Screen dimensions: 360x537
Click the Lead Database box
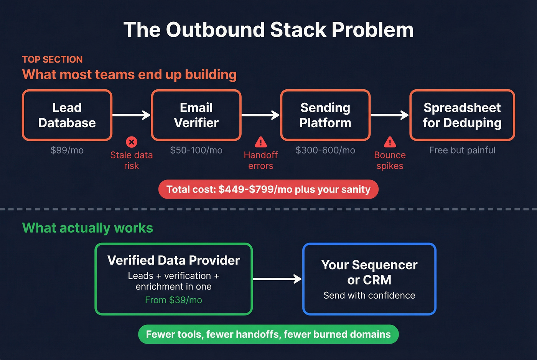click(67, 115)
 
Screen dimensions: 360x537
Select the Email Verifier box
click(196, 115)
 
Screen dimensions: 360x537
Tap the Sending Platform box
click(325, 115)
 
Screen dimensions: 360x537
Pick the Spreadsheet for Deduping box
click(462, 115)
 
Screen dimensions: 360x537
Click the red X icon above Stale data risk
click(132, 142)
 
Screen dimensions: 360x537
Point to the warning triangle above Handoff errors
click(261, 142)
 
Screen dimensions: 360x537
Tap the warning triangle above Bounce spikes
click(390, 142)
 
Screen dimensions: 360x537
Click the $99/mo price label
click(67, 150)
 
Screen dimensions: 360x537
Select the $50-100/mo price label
click(196, 150)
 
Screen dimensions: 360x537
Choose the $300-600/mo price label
click(325, 150)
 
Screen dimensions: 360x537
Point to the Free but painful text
click(462, 150)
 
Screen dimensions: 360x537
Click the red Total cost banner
click(268, 189)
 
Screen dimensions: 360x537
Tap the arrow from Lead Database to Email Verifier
click(132, 115)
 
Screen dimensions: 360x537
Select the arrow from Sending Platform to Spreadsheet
click(390, 115)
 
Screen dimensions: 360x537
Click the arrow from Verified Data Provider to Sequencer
click(277, 279)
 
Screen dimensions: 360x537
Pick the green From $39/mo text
click(173, 300)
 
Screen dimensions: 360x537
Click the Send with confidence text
click(369, 296)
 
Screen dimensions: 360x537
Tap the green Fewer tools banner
click(268, 334)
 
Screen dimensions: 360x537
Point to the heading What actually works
click(87, 228)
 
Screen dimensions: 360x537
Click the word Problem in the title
click(372, 30)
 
